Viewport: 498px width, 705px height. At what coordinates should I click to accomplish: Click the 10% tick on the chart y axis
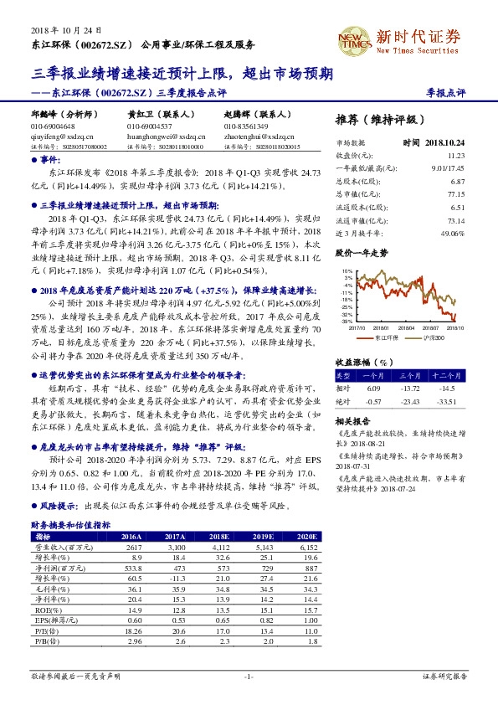347,272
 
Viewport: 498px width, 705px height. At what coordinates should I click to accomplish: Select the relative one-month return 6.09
373,389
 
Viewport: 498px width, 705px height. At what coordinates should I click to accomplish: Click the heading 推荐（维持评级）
379,119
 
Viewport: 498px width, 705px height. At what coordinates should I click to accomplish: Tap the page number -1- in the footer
248,675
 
